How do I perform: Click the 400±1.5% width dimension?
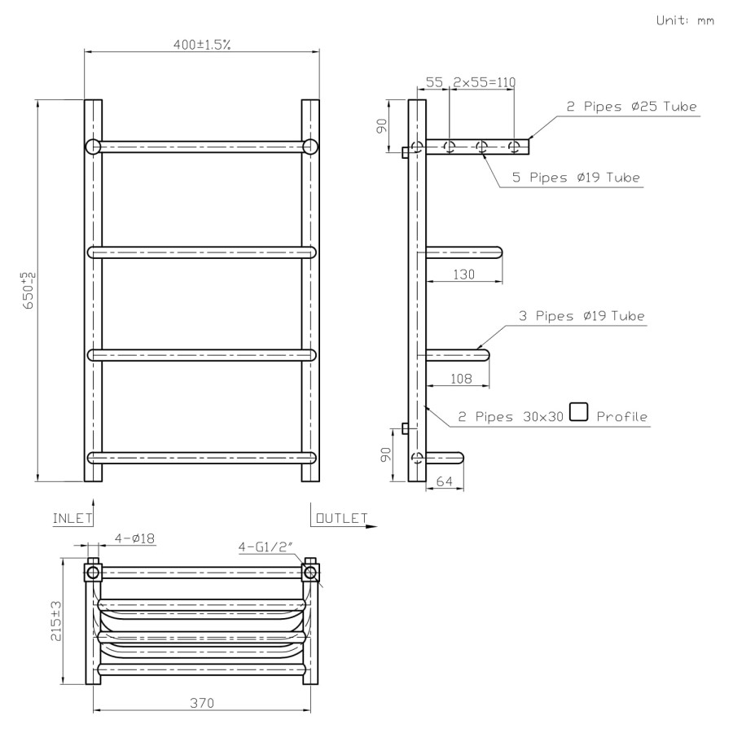click(201, 44)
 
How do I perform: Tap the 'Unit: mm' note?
click(685, 20)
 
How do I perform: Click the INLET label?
click(72, 518)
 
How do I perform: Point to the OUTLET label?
click(340, 518)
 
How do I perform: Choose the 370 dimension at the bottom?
click(203, 703)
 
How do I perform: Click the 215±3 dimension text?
click(55, 621)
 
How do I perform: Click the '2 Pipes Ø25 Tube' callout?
click(632, 107)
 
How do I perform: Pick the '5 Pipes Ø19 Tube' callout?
click(576, 177)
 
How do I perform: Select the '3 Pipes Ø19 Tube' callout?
click(582, 316)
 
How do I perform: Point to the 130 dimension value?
click(463, 275)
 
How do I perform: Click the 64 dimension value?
click(446, 482)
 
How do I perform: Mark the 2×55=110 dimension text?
click(484, 82)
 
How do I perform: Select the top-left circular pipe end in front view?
click(93, 147)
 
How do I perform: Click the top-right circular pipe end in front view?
click(310, 147)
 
